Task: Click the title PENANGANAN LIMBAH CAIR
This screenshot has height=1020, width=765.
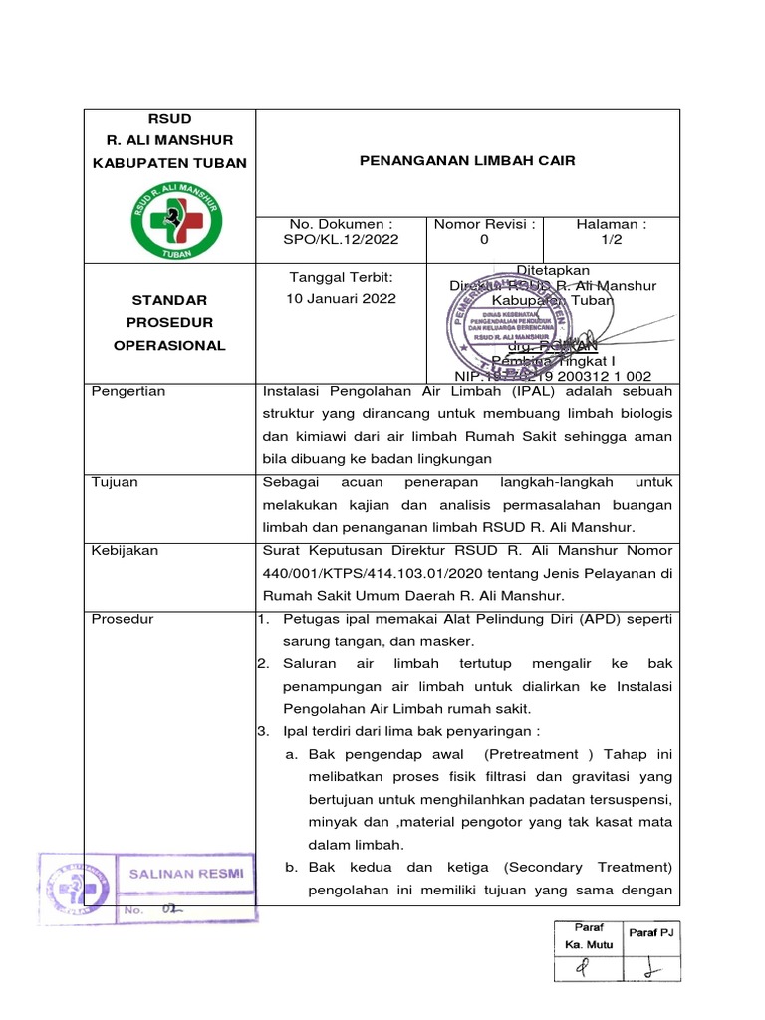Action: (468, 160)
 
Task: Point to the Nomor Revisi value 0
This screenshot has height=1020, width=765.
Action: (484, 240)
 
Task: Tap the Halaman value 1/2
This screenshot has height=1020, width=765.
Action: (612, 240)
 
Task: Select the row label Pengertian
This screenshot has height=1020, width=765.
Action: (127, 391)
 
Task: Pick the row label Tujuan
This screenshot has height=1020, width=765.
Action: (114, 482)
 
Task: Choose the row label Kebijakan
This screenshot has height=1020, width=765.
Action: (125, 550)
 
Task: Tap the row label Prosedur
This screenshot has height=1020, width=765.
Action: (122, 619)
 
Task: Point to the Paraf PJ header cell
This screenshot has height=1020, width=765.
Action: (650, 931)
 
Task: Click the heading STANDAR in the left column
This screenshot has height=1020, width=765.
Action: (169, 299)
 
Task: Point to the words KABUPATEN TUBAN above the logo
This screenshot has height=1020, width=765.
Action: (169, 162)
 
